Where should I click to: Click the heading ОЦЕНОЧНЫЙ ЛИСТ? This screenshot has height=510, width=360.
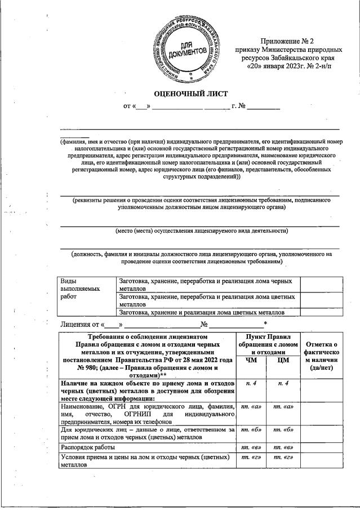coord(191,92)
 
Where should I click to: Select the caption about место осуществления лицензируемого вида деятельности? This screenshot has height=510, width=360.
coord(202,230)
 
